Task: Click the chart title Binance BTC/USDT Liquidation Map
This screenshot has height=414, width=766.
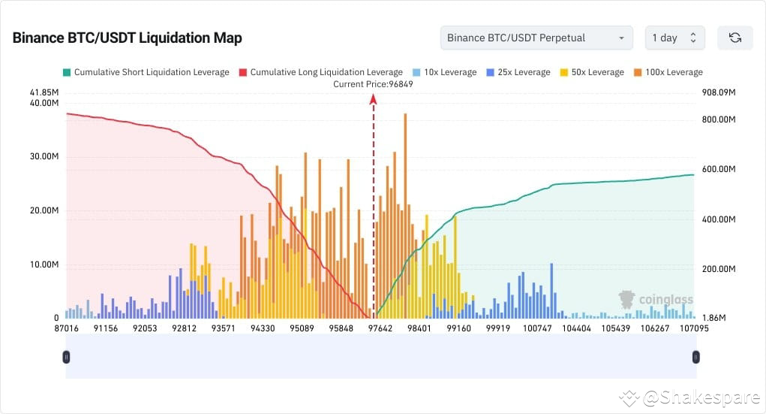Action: point(127,38)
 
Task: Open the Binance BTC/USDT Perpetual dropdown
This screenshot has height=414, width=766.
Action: point(536,38)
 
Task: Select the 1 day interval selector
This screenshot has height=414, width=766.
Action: point(674,38)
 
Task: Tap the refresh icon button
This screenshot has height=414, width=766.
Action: point(734,38)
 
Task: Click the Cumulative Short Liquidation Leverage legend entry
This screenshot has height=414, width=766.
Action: point(146,72)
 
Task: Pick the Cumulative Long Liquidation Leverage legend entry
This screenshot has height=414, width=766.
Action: point(320,72)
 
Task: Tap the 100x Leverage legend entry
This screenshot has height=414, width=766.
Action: point(668,72)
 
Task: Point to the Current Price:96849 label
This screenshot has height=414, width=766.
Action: point(373,84)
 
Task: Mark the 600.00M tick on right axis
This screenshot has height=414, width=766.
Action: point(718,169)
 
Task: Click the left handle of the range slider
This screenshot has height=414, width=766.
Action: point(66,357)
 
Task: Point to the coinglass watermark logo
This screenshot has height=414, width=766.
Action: point(655,300)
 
